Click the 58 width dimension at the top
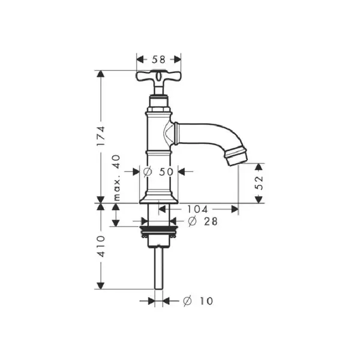tap(158, 59)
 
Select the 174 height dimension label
tap(101, 136)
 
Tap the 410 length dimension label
tap(101, 246)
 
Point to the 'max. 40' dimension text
tap(117, 178)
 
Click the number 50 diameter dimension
tap(166, 172)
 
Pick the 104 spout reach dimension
tap(197, 209)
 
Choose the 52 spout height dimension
tap(259, 182)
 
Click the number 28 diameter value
tap(211, 221)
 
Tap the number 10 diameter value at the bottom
tap(206, 301)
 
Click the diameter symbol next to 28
tap(192, 221)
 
